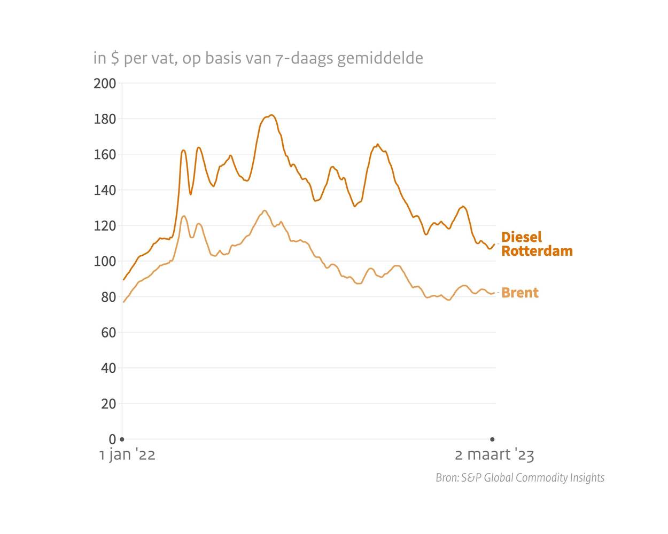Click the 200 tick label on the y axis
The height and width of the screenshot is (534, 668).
pyautogui.click(x=105, y=83)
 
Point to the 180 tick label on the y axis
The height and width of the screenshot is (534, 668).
pyautogui.click(x=105, y=119)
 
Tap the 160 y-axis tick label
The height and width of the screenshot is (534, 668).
pyautogui.click(x=105, y=154)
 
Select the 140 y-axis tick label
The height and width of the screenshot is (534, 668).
pyautogui.click(x=105, y=190)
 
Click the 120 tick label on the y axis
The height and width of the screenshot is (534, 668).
pyautogui.click(x=105, y=226)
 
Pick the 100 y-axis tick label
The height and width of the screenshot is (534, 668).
pyautogui.click(x=105, y=261)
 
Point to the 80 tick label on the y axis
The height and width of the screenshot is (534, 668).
pyautogui.click(x=108, y=297)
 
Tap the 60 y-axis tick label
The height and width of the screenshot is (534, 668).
pyautogui.click(x=108, y=333)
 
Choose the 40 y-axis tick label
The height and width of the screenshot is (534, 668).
pyautogui.click(x=108, y=368)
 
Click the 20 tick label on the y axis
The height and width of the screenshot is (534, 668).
pyautogui.click(x=108, y=404)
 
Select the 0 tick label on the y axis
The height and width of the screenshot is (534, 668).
pyautogui.click(x=112, y=439)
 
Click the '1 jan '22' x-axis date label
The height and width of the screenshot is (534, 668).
pyautogui.click(x=127, y=455)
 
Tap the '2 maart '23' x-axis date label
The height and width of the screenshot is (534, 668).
pyautogui.click(x=494, y=455)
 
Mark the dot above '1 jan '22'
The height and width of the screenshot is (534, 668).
pyautogui.click(x=122, y=439)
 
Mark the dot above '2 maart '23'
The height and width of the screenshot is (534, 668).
pyautogui.click(x=493, y=439)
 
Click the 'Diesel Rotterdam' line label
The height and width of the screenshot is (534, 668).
pyautogui.click(x=537, y=244)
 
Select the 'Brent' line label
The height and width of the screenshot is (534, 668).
pyautogui.click(x=520, y=293)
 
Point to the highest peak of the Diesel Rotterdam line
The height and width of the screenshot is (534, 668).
pyautogui.click(x=271, y=115)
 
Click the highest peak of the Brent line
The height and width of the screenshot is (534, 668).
pyautogui.click(x=265, y=210)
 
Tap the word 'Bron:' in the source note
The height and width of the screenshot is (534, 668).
pyautogui.click(x=447, y=477)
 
